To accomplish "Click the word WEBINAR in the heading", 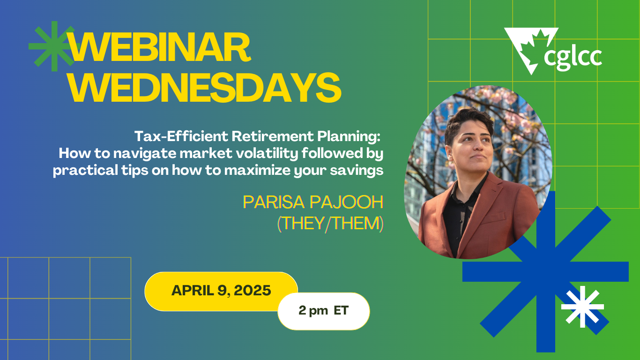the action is click(x=159, y=47).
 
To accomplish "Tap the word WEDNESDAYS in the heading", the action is click(x=205, y=88).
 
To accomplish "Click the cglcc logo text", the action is click(x=573, y=58).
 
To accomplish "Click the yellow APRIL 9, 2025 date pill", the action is click(x=221, y=291).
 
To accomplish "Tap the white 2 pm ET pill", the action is click(x=324, y=311).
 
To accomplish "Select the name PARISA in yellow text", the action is click(x=274, y=202).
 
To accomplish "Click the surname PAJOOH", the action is click(x=347, y=202).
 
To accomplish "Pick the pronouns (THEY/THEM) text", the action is click(x=330, y=223).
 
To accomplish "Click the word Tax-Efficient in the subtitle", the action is click(x=181, y=136).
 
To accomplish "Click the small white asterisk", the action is click(x=582, y=307).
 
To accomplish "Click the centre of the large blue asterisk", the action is click(x=545, y=271).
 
